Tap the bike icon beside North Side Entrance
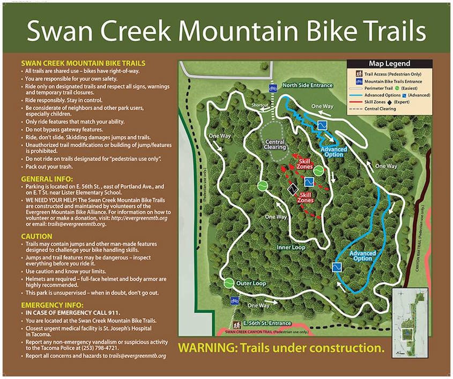(273, 89)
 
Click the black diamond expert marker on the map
(292, 189)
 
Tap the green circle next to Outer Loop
(229, 283)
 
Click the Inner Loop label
(291, 248)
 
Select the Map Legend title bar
(390, 64)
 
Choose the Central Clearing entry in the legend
(381, 109)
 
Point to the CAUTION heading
(36, 236)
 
